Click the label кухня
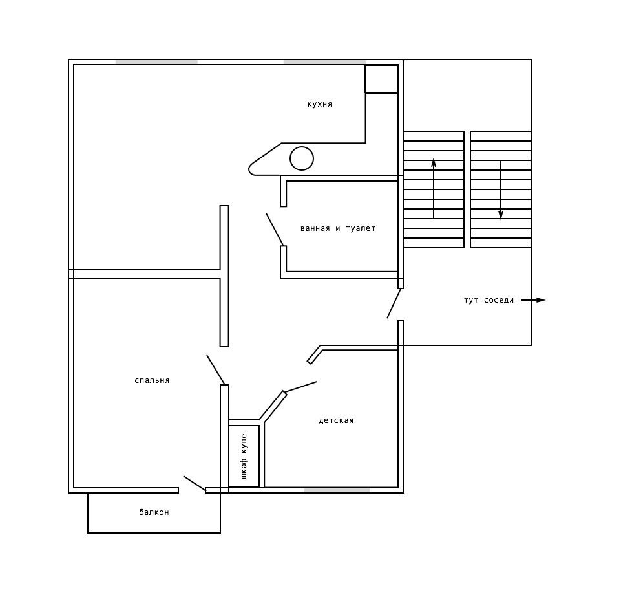click(x=320, y=104)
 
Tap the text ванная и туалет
click(x=338, y=228)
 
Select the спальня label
click(x=152, y=380)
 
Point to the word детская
click(x=336, y=420)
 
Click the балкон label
click(x=154, y=512)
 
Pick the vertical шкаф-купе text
click(x=244, y=456)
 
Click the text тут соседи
click(x=489, y=300)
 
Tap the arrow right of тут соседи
click(x=534, y=300)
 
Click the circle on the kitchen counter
click(x=302, y=158)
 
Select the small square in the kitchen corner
click(x=381, y=79)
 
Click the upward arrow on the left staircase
click(x=434, y=188)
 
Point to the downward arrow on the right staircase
click(x=501, y=190)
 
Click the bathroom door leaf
click(x=275, y=230)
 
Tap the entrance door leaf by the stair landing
click(x=394, y=303)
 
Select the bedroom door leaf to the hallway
click(x=216, y=370)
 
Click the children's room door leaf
click(x=300, y=387)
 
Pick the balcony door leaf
click(x=195, y=483)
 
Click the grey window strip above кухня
click(x=324, y=62)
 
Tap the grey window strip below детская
click(x=337, y=490)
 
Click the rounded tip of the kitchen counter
click(x=249, y=169)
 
